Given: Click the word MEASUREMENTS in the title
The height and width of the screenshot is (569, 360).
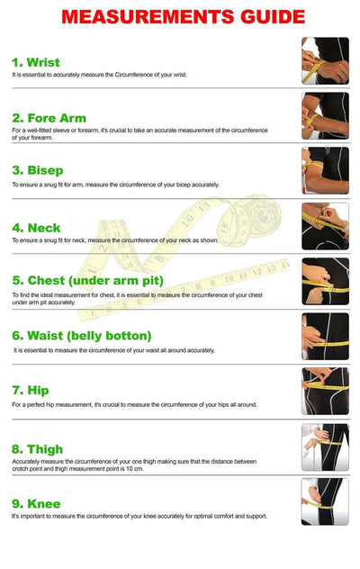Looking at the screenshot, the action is pyautogui.click(x=148, y=17).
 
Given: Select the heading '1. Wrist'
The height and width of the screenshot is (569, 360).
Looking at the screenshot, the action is pyautogui.click(x=36, y=62).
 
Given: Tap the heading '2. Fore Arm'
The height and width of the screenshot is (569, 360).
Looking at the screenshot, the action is pyautogui.click(x=49, y=118).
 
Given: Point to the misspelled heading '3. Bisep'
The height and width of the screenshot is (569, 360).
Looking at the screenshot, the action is pyautogui.click(x=38, y=170).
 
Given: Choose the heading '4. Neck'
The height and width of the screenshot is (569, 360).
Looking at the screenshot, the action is pyautogui.click(x=36, y=228).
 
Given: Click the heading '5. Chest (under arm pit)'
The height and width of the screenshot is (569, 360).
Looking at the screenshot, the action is pyautogui.click(x=88, y=281).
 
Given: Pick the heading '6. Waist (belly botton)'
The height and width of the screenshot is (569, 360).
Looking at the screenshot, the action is pyautogui.click(x=82, y=336).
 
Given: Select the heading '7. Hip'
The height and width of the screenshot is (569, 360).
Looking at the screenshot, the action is pyautogui.click(x=31, y=391).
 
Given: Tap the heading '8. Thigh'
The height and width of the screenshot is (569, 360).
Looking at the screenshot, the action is pyautogui.click(x=38, y=449).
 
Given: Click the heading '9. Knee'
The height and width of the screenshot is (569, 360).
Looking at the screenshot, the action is pyautogui.click(x=36, y=503).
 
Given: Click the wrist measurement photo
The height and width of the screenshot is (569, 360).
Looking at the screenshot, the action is pyautogui.click(x=325, y=61).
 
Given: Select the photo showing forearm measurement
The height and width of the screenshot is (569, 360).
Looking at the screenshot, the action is pyautogui.click(x=325, y=116).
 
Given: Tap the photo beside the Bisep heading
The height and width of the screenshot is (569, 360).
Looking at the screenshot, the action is pyautogui.click(x=325, y=170).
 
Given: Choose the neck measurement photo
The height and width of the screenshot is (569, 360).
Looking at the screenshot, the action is pyautogui.click(x=325, y=226).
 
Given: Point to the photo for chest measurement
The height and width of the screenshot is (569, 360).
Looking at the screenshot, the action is pyautogui.click(x=325, y=281).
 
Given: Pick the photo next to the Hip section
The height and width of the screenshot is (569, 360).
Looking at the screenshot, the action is pyautogui.click(x=325, y=391).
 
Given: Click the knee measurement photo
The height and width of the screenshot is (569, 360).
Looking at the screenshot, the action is pyautogui.click(x=325, y=501).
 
